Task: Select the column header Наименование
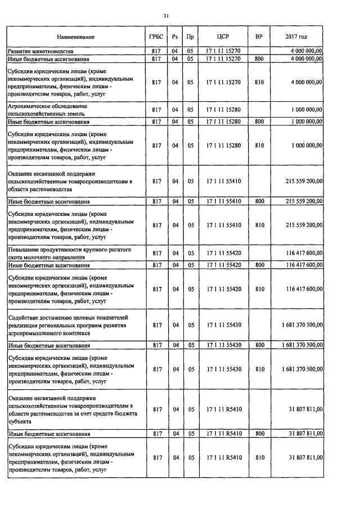tap(76, 37)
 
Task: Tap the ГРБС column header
tap(157, 37)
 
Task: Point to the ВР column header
tap(259, 37)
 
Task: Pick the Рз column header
tap(175, 37)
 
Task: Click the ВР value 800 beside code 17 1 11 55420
tap(259, 264)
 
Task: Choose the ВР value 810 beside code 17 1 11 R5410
tap(259, 458)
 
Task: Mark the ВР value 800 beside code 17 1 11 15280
tap(259, 121)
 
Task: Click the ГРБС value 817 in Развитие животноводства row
tap(157, 51)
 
